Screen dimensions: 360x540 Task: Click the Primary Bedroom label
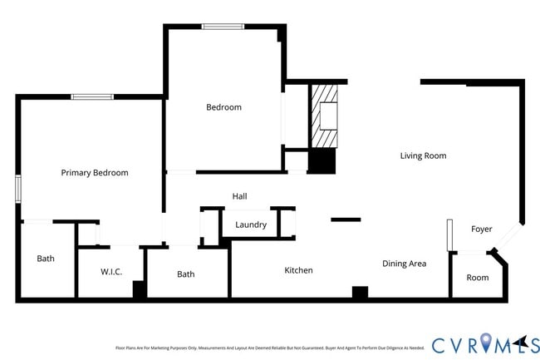point(95,173)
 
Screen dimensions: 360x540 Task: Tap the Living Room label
point(423,155)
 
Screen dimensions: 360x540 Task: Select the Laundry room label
point(251,225)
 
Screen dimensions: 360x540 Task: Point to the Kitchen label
point(298,270)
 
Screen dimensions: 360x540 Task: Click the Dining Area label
point(404,264)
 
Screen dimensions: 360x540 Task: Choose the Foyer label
point(482,229)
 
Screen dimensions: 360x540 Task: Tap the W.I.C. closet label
point(111,272)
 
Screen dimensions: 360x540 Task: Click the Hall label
point(239,196)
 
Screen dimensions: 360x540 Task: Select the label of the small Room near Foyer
point(478,278)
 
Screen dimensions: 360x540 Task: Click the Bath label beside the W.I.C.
point(185,274)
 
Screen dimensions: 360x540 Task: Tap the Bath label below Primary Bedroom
point(46,259)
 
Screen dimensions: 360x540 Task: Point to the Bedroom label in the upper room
point(223,107)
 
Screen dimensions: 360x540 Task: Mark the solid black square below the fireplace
point(322,161)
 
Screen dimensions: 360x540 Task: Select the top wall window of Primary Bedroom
point(91,97)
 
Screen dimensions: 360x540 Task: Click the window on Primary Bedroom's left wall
point(17,188)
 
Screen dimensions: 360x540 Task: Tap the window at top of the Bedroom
point(223,27)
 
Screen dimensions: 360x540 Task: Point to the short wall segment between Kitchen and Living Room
point(346,219)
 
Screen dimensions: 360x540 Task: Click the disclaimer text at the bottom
point(269,348)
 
